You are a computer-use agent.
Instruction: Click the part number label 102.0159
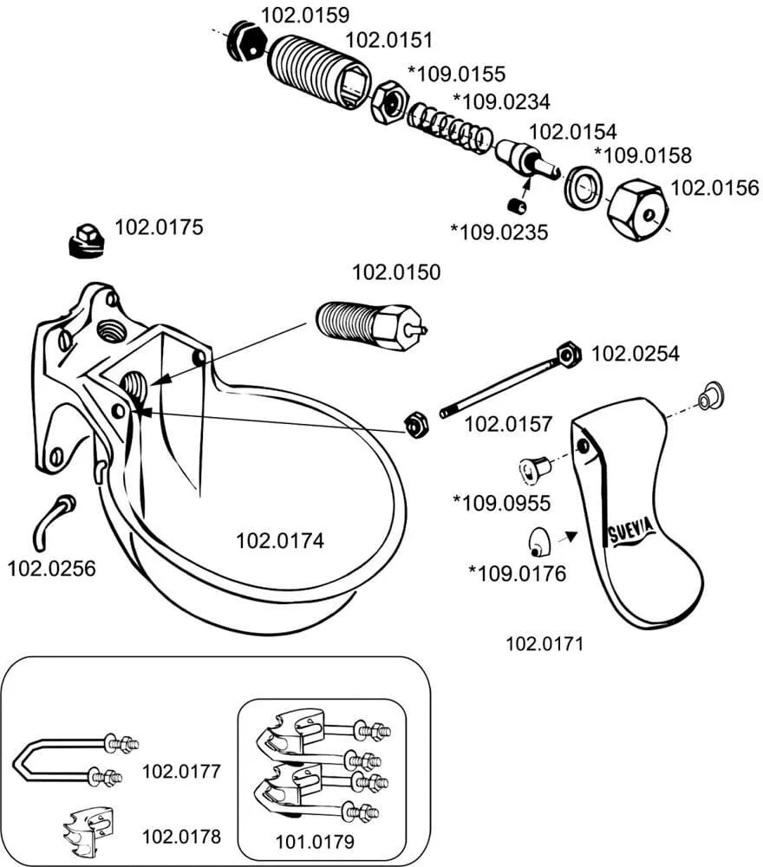click(304, 15)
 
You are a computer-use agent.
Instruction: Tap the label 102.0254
click(636, 354)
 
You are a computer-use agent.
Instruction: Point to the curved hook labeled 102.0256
click(52, 515)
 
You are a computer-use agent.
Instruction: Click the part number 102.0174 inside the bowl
click(280, 541)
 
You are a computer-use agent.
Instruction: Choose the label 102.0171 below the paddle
click(545, 644)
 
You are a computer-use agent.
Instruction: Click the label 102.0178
click(180, 837)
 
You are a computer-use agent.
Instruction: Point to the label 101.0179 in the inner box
click(315, 840)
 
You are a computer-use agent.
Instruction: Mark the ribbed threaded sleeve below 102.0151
click(317, 70)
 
